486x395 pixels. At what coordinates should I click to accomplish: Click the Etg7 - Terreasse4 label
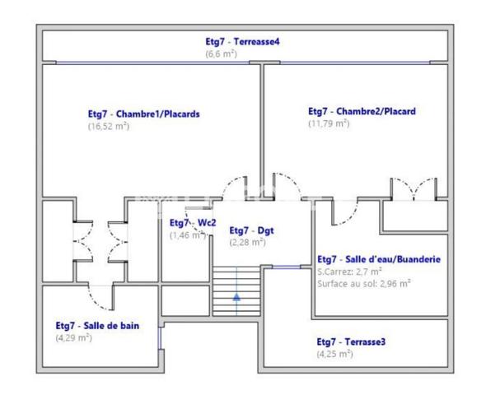pyautogui.click(x=242, y=41)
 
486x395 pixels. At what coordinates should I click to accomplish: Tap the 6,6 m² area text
pyautogui.click(x=222, y=53)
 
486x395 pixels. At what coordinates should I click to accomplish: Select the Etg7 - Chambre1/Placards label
pyautogui.click(x=144, y=114)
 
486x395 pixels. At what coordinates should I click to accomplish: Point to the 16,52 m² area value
pyautogui.click(x=109, y=126)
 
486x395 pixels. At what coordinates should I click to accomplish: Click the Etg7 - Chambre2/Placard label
pyautogui.click(x=362, y=111)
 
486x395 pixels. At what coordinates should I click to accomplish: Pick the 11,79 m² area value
pyautogui.click(x=329, y=123)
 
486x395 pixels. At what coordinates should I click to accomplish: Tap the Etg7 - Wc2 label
pyautogui.click(x=193, y=222)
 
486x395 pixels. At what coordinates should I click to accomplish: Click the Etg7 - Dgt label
pyautogui.click(x=252, y=230)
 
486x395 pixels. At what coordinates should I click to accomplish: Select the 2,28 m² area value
pyautogui.click(x=248, y=242)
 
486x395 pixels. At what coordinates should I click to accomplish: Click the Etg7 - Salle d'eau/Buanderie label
pyautogui.click(x=379, y=259)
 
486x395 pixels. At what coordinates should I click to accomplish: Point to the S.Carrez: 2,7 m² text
pyautogui.click(x=349, y=272)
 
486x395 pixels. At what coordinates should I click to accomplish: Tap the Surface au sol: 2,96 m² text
pyautogui.click(x=364, y=284)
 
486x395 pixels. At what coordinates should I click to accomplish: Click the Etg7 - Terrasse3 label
pyautogui.click(x=351, y=342)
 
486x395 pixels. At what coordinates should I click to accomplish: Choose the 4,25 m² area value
pyautogui.click(x=334, y=354)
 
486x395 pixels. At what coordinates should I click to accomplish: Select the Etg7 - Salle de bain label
pyautogui.click(x=97, y=326)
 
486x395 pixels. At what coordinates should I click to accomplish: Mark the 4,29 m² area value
pyautogui.click(x=74, y=337)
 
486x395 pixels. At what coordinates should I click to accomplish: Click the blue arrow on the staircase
pyautogui.click(x=236, y=297)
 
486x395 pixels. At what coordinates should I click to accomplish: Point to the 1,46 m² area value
pyautogui.click(x=188, y=235)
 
